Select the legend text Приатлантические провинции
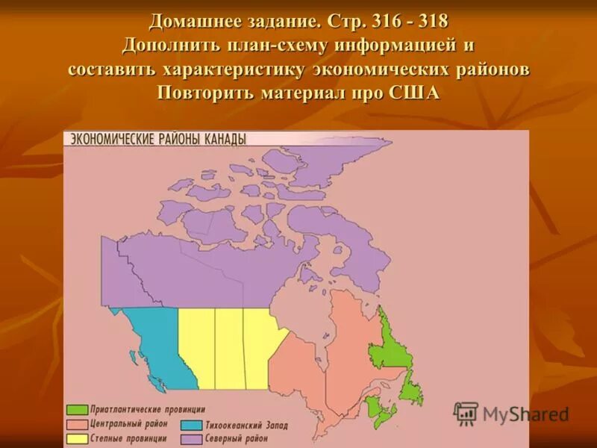click(x=147, y=410)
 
